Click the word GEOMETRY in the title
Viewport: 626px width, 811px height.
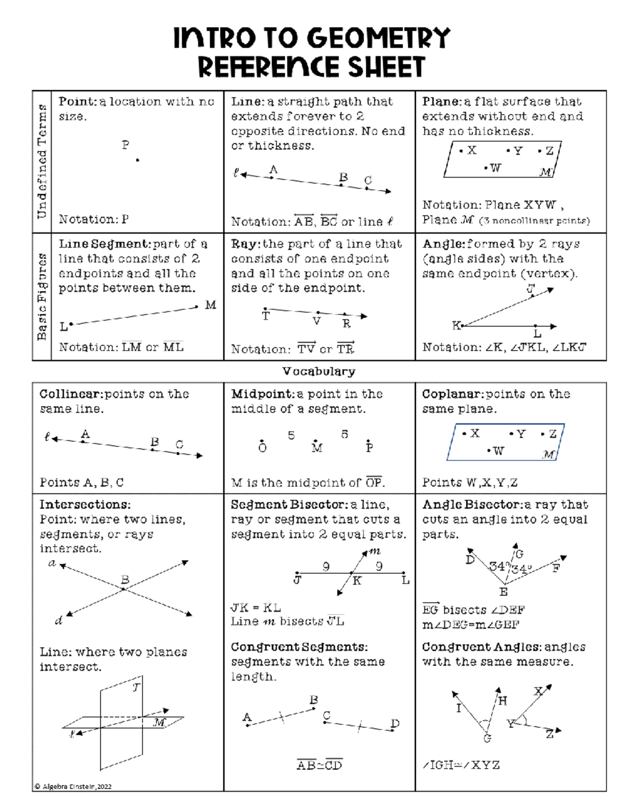tap(378, 38)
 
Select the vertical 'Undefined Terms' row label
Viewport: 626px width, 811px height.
tap(42, 161)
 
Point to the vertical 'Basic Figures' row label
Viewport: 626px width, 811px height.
tap(42, 297)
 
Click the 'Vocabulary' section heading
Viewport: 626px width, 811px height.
tap(319, 371)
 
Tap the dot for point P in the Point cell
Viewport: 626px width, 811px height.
tap(137, 160)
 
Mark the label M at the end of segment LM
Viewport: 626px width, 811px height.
tap(210, 305)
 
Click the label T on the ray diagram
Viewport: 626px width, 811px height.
tap(266, 316)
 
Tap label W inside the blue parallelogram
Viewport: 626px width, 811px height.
tap(498, 451)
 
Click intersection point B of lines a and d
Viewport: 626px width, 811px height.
tap(124, 589)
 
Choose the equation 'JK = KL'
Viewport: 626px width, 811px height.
tap(256, 608)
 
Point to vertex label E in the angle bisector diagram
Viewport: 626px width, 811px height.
tap(503, 592)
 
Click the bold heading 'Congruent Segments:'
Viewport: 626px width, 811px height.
tap(299, 647)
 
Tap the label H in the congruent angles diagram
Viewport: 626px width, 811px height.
tap(502, 701)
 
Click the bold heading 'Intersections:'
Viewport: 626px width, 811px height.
tap(85, 505)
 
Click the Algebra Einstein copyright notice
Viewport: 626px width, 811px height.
tap(73, 786)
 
